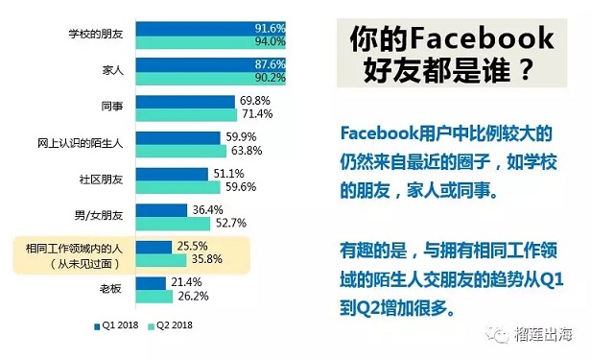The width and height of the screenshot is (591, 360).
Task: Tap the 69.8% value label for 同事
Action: coord(257,99)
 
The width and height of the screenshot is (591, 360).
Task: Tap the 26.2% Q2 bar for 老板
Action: coord(160,296)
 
